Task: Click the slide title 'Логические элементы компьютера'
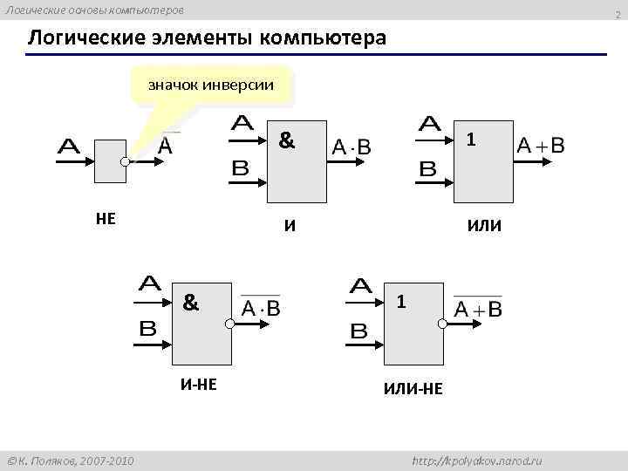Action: (206, 39)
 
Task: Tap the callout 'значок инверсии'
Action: (211, 85)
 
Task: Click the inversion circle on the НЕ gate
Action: (126, 161)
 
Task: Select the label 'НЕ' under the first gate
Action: (106, 218)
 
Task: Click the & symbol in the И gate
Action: (285, 140)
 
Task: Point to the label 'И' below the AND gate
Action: (290, 227)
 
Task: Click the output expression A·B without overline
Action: (352, 148)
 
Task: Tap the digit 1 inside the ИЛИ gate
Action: (470, 140)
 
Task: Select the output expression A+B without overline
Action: (540, 146)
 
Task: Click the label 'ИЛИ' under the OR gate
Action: (484, 227)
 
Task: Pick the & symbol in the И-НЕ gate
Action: (191, 303)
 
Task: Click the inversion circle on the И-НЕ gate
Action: (229, 324)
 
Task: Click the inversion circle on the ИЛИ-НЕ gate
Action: (442, 324)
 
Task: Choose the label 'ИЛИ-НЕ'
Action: (413, 389)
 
